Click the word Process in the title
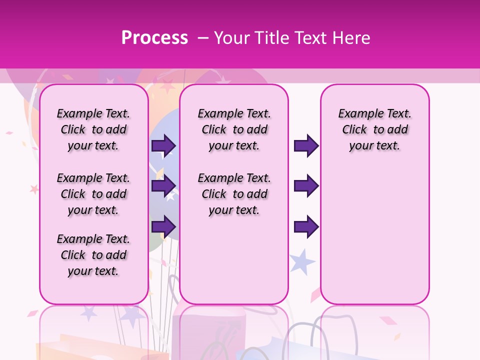154,38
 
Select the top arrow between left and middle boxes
163,145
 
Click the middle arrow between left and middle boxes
163,186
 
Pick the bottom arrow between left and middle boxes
163,226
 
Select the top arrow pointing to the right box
306,145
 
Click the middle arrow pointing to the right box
306,186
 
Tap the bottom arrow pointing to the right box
306,226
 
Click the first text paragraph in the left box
93,129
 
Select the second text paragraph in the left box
93,194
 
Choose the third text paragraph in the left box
93,255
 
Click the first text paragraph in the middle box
234,129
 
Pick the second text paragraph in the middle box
234,194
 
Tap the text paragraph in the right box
374,129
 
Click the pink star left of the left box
34,189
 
